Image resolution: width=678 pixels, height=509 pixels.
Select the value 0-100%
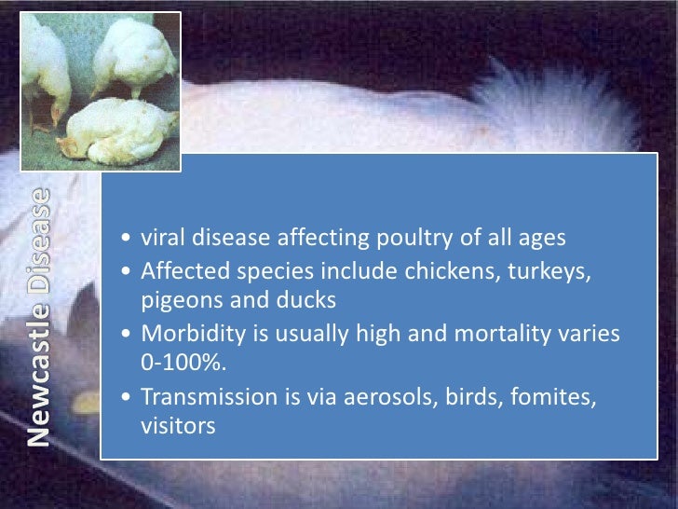177,365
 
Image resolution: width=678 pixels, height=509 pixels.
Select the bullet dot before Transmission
127,398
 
